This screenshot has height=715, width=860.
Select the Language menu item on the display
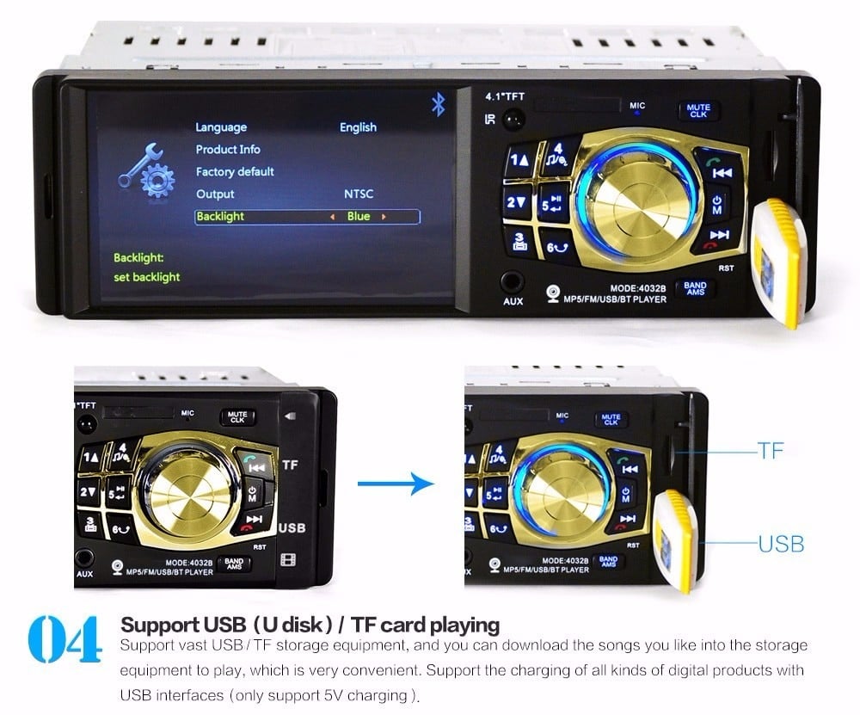221,127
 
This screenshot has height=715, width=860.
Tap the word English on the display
358,127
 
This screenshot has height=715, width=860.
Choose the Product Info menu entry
228,150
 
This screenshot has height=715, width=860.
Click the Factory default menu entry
235,172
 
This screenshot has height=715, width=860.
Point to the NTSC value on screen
359,194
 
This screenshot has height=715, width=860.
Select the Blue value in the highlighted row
359,217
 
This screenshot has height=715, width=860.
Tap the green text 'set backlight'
147,277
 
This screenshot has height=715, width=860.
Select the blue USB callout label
781,544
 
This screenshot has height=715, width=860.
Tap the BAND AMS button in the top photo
695,288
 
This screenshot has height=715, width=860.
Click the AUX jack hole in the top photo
513,280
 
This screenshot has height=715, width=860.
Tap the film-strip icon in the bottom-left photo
289,561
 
